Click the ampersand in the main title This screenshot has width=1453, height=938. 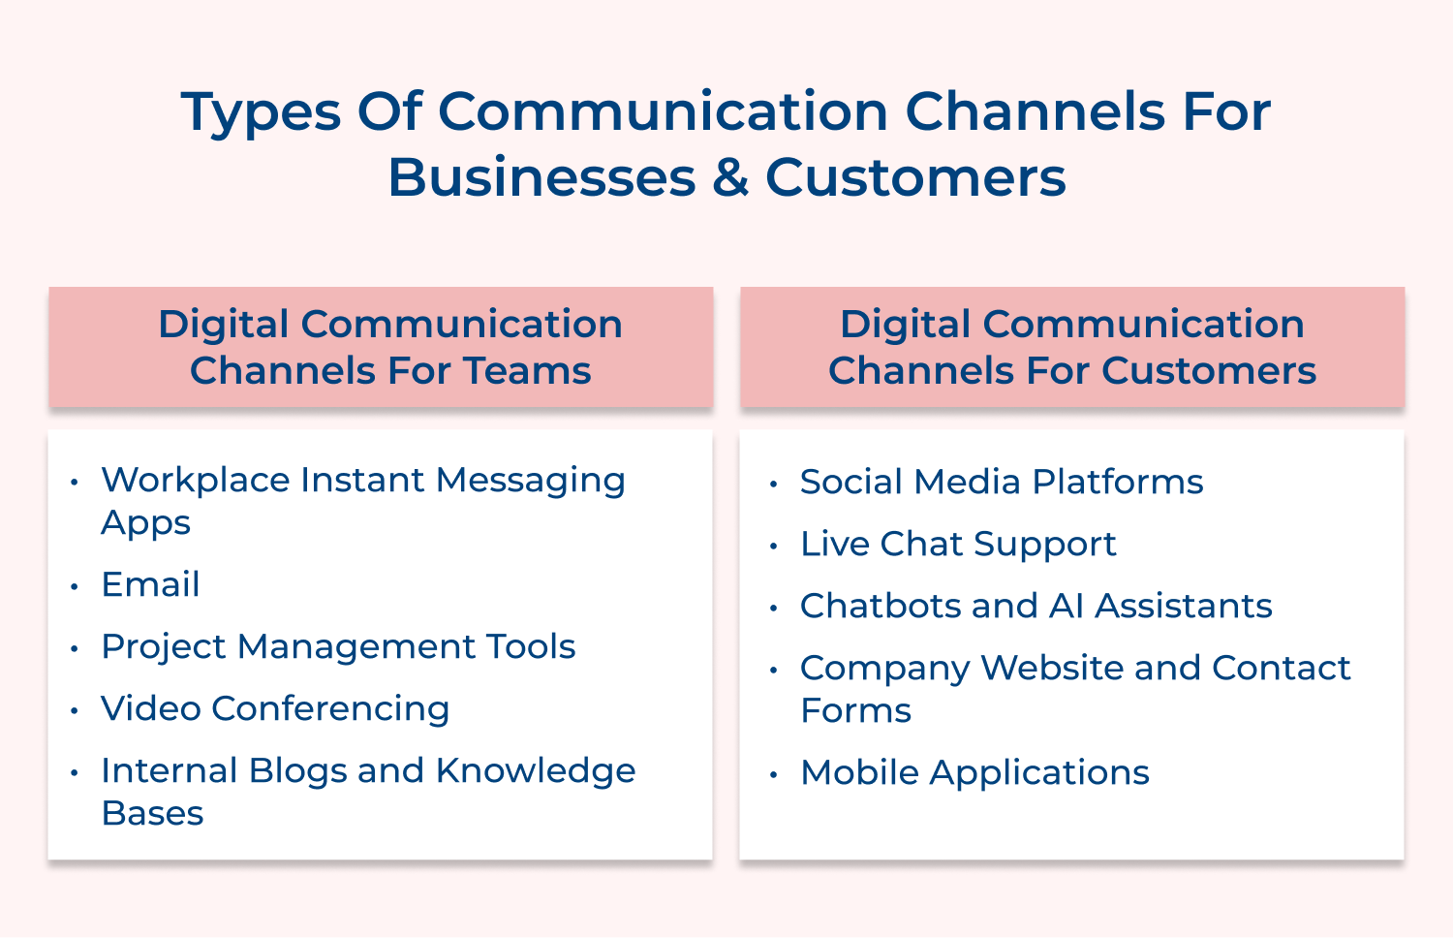tap(731, 178)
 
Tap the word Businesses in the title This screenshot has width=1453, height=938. tap(541, 178)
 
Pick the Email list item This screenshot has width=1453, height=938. tap(150, 584)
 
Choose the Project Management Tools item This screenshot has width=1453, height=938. tap(338, 646)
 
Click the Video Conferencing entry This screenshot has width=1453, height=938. tap(275, 708)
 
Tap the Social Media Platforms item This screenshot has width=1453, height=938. tap(1002, 482)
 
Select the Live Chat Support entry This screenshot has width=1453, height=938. tap(958, 544)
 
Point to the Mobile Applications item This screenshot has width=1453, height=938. tap(974, 772)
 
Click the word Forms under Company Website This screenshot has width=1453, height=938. tap(855, 710)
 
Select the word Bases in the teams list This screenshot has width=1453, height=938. tap(152, 813)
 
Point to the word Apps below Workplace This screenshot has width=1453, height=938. tap(145, 522)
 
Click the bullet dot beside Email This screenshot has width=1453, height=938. tap(75, 585)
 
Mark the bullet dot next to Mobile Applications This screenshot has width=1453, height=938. tap(773, 774)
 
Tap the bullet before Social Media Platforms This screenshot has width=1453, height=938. tap(773, 484)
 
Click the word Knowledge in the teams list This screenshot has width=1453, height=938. tap(536, 770)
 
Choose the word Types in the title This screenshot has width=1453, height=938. tap(261, 111)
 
